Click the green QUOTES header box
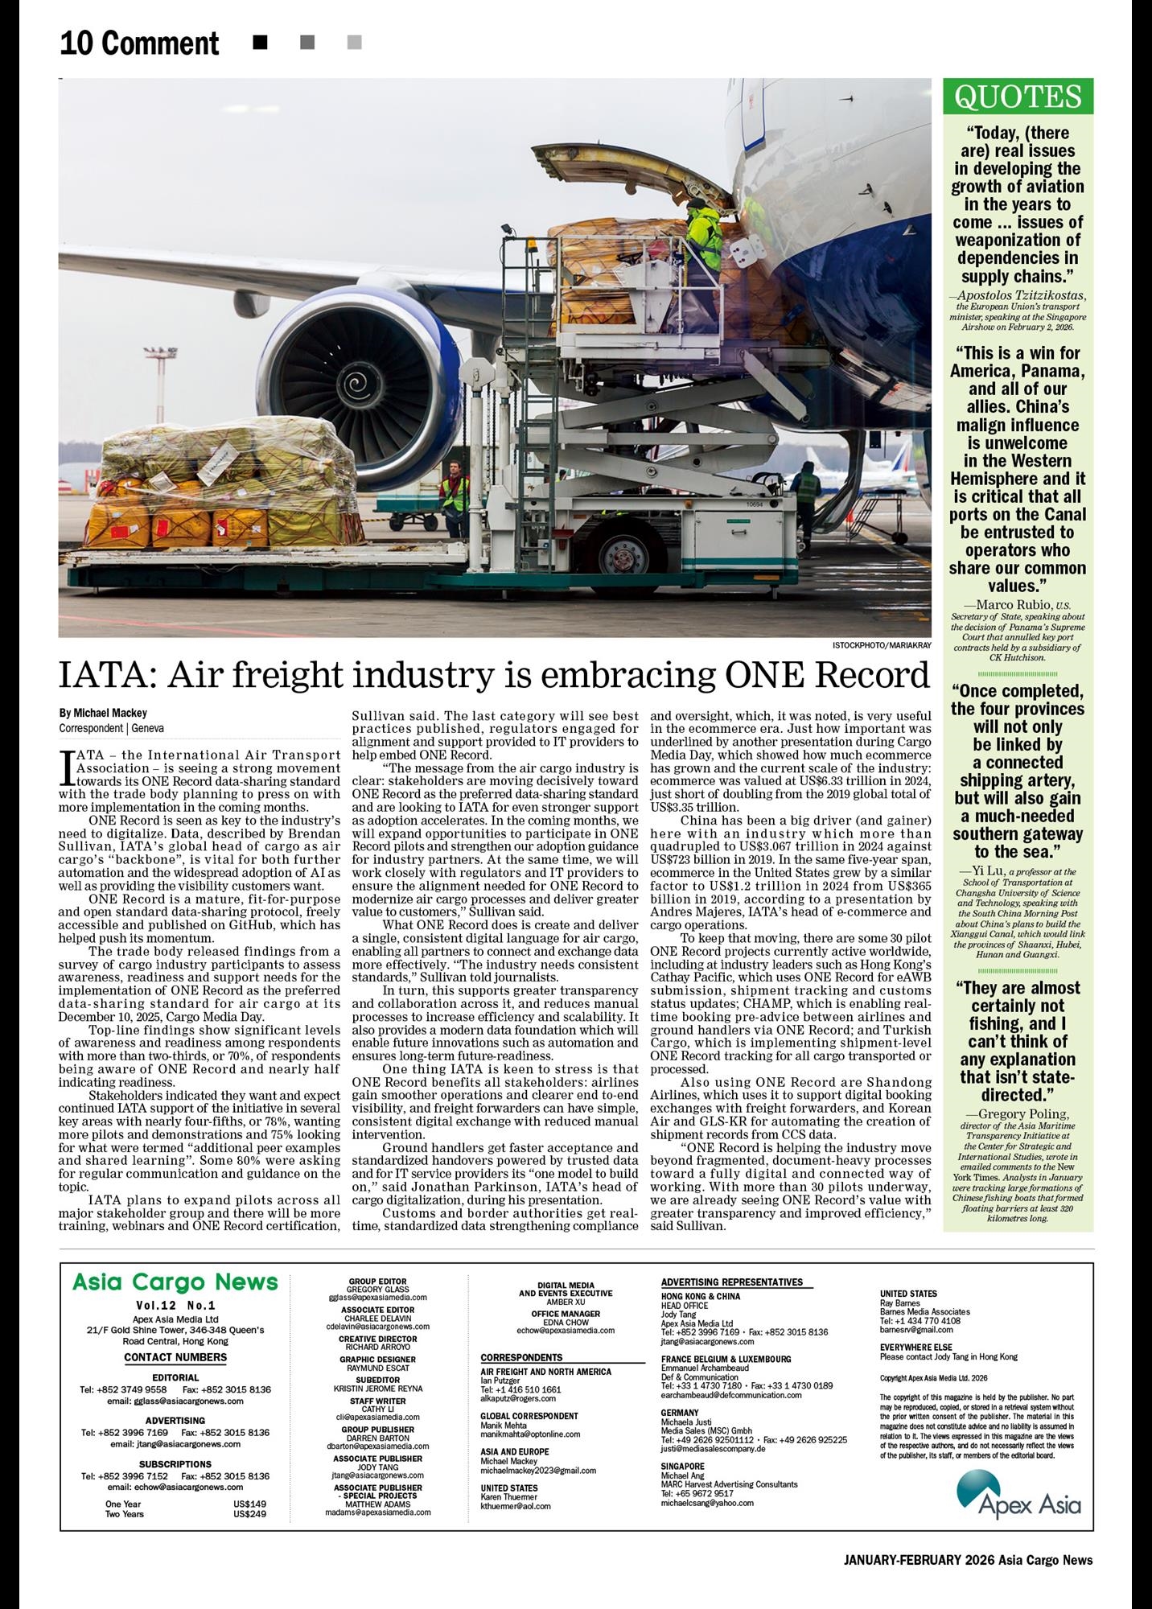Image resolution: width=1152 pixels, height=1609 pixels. click(x=1018, y=97)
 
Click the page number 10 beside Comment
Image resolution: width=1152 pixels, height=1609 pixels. click(x=76, y=43)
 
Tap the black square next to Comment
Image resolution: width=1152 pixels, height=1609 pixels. click(x=260, y=43)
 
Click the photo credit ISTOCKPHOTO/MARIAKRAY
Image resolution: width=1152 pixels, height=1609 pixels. click(x=882, y=645)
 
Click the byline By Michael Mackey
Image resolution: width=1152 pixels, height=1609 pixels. click(x=103, y=714)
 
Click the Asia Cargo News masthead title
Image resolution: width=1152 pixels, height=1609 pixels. click(x=175, y=1282)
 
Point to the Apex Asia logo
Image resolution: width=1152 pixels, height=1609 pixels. click(x=1018, y=1493)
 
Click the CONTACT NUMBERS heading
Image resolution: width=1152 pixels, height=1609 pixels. click(x=175, y=1357)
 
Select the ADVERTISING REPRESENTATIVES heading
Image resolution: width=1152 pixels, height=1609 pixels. click(x=731, y=1282)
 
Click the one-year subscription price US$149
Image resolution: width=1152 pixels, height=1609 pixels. click(x=249, y=1504)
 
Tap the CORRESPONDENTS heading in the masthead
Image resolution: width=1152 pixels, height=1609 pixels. click(x=521, y=1357)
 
